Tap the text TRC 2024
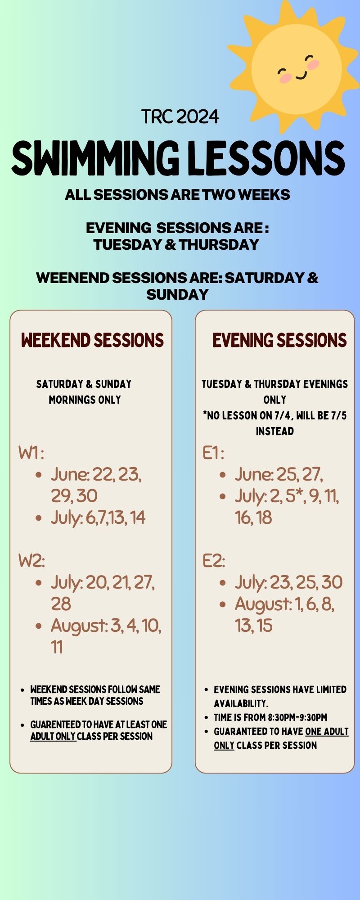[180, 117]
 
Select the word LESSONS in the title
[266, 158]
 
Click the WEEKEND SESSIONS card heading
[92, 340]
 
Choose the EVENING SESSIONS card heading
[279, 340]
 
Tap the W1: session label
[31, 453]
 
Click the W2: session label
[31, 561]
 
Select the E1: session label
[213, 453]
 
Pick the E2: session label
[214, 561]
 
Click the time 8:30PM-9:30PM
[297, 717]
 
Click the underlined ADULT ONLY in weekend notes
[53, 736]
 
